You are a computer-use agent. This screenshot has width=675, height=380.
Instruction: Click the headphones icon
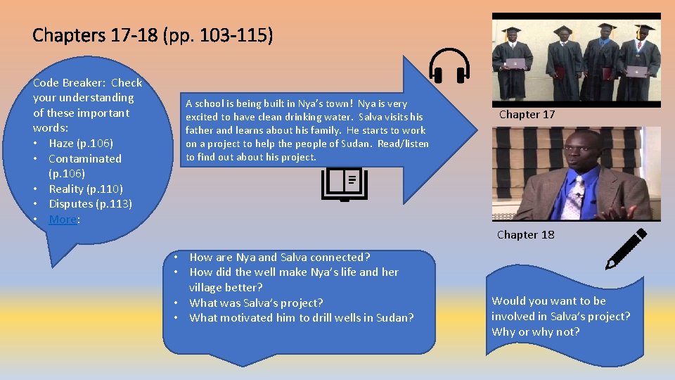(x=449, y=67)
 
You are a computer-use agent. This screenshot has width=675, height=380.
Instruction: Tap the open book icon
(x=345, y=184)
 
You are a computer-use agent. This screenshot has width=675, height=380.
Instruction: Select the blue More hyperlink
(x=63, y=220)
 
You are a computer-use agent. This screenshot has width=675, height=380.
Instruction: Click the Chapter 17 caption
(x=527, y=114)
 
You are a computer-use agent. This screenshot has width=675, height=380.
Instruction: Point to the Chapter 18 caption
(x=525, y=235)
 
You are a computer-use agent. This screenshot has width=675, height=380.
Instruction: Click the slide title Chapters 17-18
(x=152, y=34)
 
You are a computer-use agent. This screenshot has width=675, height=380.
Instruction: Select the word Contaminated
(x=85, y=159)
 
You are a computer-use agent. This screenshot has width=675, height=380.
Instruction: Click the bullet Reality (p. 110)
(x=86, y=189)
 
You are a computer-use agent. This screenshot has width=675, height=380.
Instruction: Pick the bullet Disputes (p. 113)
(x=90, y=204)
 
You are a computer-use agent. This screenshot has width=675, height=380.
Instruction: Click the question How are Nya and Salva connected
(x=280, y=258)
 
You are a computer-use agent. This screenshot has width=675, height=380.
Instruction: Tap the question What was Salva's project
(x=257, y=303)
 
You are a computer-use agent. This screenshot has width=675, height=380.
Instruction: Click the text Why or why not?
(x=535, y=331)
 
